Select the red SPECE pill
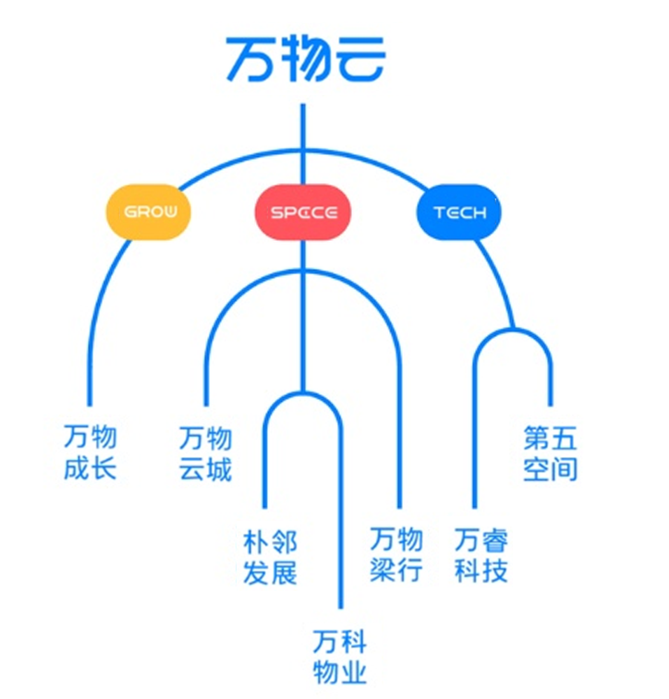[303, 213]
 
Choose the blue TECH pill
[459, 213]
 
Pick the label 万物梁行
[395, 554]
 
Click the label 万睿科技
[481, 555]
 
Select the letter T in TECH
[440, 213]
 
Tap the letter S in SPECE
[275, 213]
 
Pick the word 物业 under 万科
[339, 671]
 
